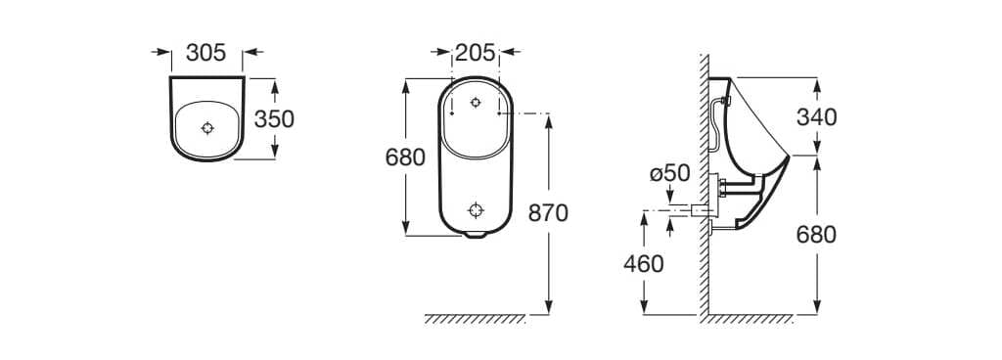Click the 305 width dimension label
click(205, 53)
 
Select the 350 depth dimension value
click(274, 118)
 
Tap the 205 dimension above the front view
click(476, 53)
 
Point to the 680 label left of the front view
click(405, 157)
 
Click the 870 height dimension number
click(548, 213)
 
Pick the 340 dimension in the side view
click(817, 117)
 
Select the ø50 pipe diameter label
click(670, 174)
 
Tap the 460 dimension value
click(643, 263)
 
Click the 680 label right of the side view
click(817, 235)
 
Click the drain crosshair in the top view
click(206, 127)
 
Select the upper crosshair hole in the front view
click(476, 102)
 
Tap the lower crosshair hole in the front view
click(476, 209)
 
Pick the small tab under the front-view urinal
click(476, 235)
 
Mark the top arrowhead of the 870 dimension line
click(548, 120)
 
